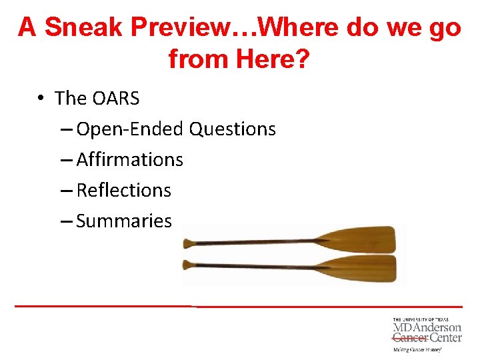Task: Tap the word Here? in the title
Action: tap(273, 59)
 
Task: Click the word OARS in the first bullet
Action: tap(116, 99)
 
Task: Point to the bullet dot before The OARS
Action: tap(41, 99)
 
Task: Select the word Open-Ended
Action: tap(131, 129)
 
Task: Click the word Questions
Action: tap(232, 129)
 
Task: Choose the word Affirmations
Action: tap(129, 160)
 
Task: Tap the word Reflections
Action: tap(123, 191)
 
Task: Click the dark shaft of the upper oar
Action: tap(260, 241)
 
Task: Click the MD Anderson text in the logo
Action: tap(427, 328)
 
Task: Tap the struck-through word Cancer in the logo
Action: tap(409, 338)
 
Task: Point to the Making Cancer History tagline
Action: tap(418, 349)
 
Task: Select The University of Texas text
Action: tap(421, 320)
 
